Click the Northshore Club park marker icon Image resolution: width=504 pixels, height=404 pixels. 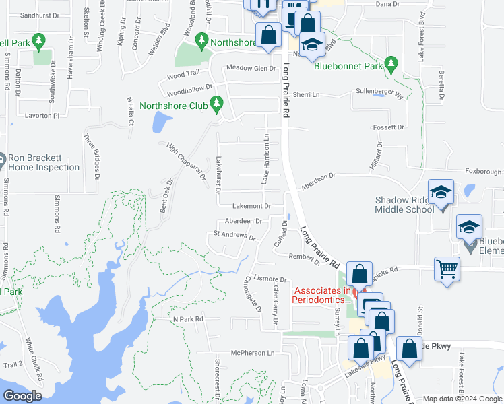[216, 104]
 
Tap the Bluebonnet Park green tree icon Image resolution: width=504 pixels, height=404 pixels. [391, 65]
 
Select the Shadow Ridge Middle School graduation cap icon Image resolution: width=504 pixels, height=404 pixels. [441, 194]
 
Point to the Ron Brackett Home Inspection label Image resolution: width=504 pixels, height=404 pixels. [44, 162]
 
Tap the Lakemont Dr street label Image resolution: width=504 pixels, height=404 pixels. [251, 206]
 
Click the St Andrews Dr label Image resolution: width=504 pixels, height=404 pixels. [234, 237]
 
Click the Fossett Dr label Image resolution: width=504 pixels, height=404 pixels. [390, 127]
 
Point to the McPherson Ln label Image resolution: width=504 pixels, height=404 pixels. [253, 353]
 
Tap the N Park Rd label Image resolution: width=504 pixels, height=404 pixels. [188, 318]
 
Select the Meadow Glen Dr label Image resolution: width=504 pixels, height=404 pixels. [251, 68]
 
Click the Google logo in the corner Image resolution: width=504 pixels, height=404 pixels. [22, 395]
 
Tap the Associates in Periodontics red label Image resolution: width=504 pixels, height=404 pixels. [322, 294]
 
